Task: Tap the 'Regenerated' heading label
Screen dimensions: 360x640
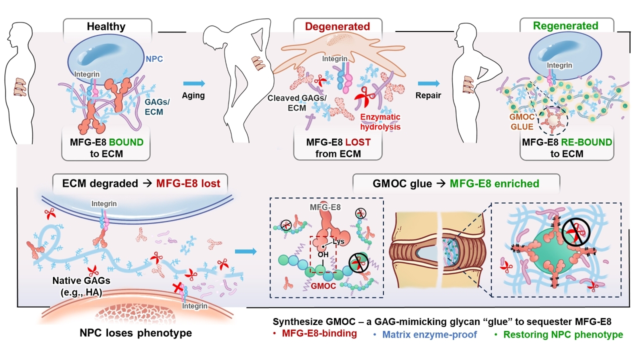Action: (x=566, y=25)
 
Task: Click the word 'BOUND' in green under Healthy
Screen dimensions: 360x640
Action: (x=124, y=142)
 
